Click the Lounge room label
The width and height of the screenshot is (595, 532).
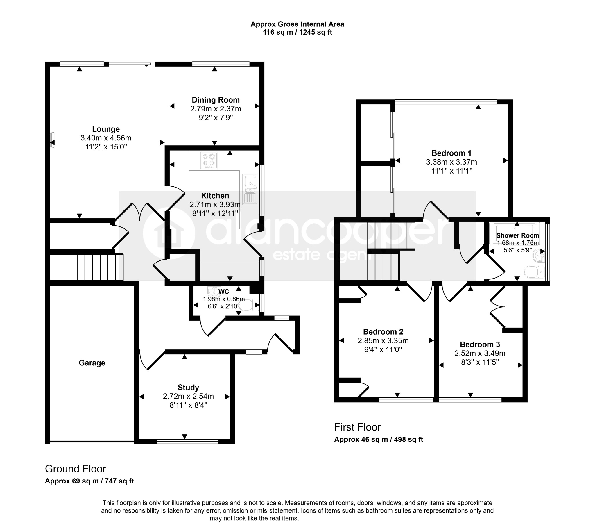tap(106, 129)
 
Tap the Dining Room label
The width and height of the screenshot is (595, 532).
tap(216, 100)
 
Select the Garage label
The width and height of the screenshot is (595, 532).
tap(92, 363)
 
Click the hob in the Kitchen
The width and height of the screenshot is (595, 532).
tap(209, 160)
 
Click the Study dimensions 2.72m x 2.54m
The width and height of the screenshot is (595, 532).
tap(188, 396)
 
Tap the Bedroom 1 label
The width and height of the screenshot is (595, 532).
tap(451, 153)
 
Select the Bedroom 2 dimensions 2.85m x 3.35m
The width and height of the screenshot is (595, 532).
tap(383, 340)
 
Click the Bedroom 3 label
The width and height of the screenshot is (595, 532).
tap(480, 344)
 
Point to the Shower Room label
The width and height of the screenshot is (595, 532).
tap(517, 235)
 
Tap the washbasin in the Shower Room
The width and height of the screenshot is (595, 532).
tap(538, 256)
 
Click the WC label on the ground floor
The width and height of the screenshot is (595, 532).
tap(224, 292)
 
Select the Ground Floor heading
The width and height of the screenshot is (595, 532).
tap(75, 469)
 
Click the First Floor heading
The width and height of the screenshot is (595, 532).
tap(358, 427)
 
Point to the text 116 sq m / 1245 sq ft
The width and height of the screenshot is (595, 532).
tap(297, 32)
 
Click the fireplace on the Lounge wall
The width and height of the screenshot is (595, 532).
tap(52, 141)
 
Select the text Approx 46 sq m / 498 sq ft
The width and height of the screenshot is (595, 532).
tap(379, 439)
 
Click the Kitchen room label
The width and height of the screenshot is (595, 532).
tap(215, 196)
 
